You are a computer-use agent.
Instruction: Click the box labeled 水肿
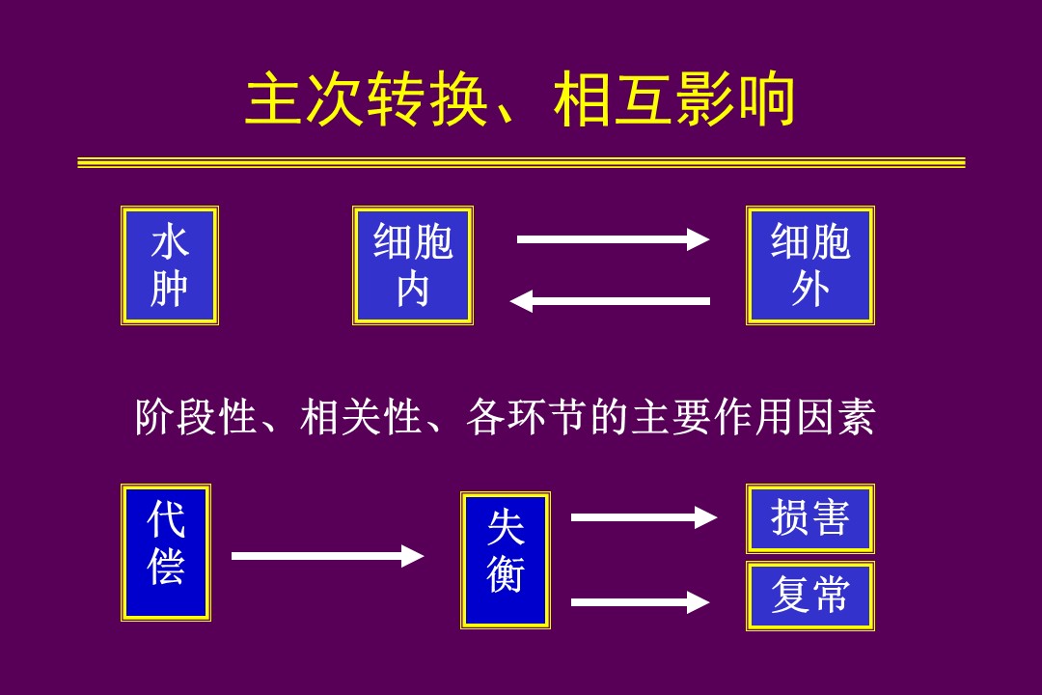pyautogui.click(x=170, y=265)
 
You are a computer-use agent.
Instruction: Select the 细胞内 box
pyautogui.click(x=413, y=265)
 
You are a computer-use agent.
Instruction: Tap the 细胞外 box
pyautogui.click(x=810, y=265)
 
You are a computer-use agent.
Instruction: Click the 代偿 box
pyautogui.click(x=166, y=553)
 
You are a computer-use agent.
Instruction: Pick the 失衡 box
pyautogui.click(x=505, y=560)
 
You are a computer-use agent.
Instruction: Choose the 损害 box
pyautogui.click(x=810, y=518)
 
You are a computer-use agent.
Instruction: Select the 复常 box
pyautogui.click(x=810, y=596)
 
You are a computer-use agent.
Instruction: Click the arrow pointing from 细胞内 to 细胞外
pyautogui.click(x=613, y=239)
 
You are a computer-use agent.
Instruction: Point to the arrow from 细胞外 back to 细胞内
pyautogui.click(x=610, y=300)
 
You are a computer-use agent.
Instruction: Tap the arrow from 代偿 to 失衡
pyautogui.click(x=328, y=555)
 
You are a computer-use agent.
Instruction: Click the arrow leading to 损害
pyautogui.click(x=644, y=517)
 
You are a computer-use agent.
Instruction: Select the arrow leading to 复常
pyautogui.click(x=641, y=602)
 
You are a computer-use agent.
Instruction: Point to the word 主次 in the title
pyautogui.click(x=306, y=99)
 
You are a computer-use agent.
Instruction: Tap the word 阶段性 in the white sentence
pyautogui.click(x=197, y=418)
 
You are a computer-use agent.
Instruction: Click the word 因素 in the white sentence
pyautogui.click(x=835, y=418)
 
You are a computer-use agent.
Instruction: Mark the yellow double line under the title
pyautogui.click(x=521, y=162)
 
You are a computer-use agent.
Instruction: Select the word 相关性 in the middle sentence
pyautogui.click(x=362, y=418)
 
